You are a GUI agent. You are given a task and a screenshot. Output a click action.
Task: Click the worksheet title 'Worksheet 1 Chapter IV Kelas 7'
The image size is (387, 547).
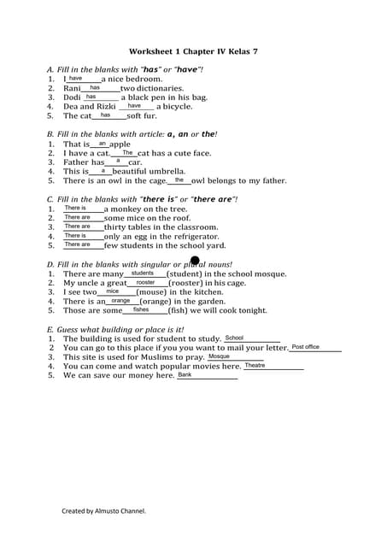coord(193,51)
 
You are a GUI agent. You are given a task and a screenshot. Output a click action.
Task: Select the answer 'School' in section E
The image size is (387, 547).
coord(234,338)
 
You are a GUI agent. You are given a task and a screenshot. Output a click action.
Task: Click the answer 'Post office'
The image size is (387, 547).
coord(305,347)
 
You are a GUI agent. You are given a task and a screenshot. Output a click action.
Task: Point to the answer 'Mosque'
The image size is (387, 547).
coord(219,356)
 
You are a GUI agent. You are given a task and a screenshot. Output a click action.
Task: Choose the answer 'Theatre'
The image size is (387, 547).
coord(255,365)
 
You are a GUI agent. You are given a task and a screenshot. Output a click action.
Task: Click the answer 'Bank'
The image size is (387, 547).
coord(185,374)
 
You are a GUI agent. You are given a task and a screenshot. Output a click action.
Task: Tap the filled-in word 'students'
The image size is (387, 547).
coord(142,273)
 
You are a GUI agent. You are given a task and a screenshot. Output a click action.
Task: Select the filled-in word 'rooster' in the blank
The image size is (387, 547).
coord(145,282)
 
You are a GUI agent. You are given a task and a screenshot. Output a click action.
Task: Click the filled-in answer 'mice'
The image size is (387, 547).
coord(112,291)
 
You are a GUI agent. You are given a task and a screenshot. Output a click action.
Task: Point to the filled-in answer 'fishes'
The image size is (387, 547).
coord(141,309)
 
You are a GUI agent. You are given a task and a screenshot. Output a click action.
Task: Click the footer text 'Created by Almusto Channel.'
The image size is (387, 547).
coord(103,511)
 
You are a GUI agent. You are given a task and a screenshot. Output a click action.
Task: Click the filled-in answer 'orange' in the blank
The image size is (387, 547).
coord(120,300)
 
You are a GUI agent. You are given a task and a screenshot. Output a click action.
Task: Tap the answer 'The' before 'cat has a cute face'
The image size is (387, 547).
coord(127,152)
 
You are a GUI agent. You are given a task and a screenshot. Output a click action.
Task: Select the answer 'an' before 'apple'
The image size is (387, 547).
coord(103,143)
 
